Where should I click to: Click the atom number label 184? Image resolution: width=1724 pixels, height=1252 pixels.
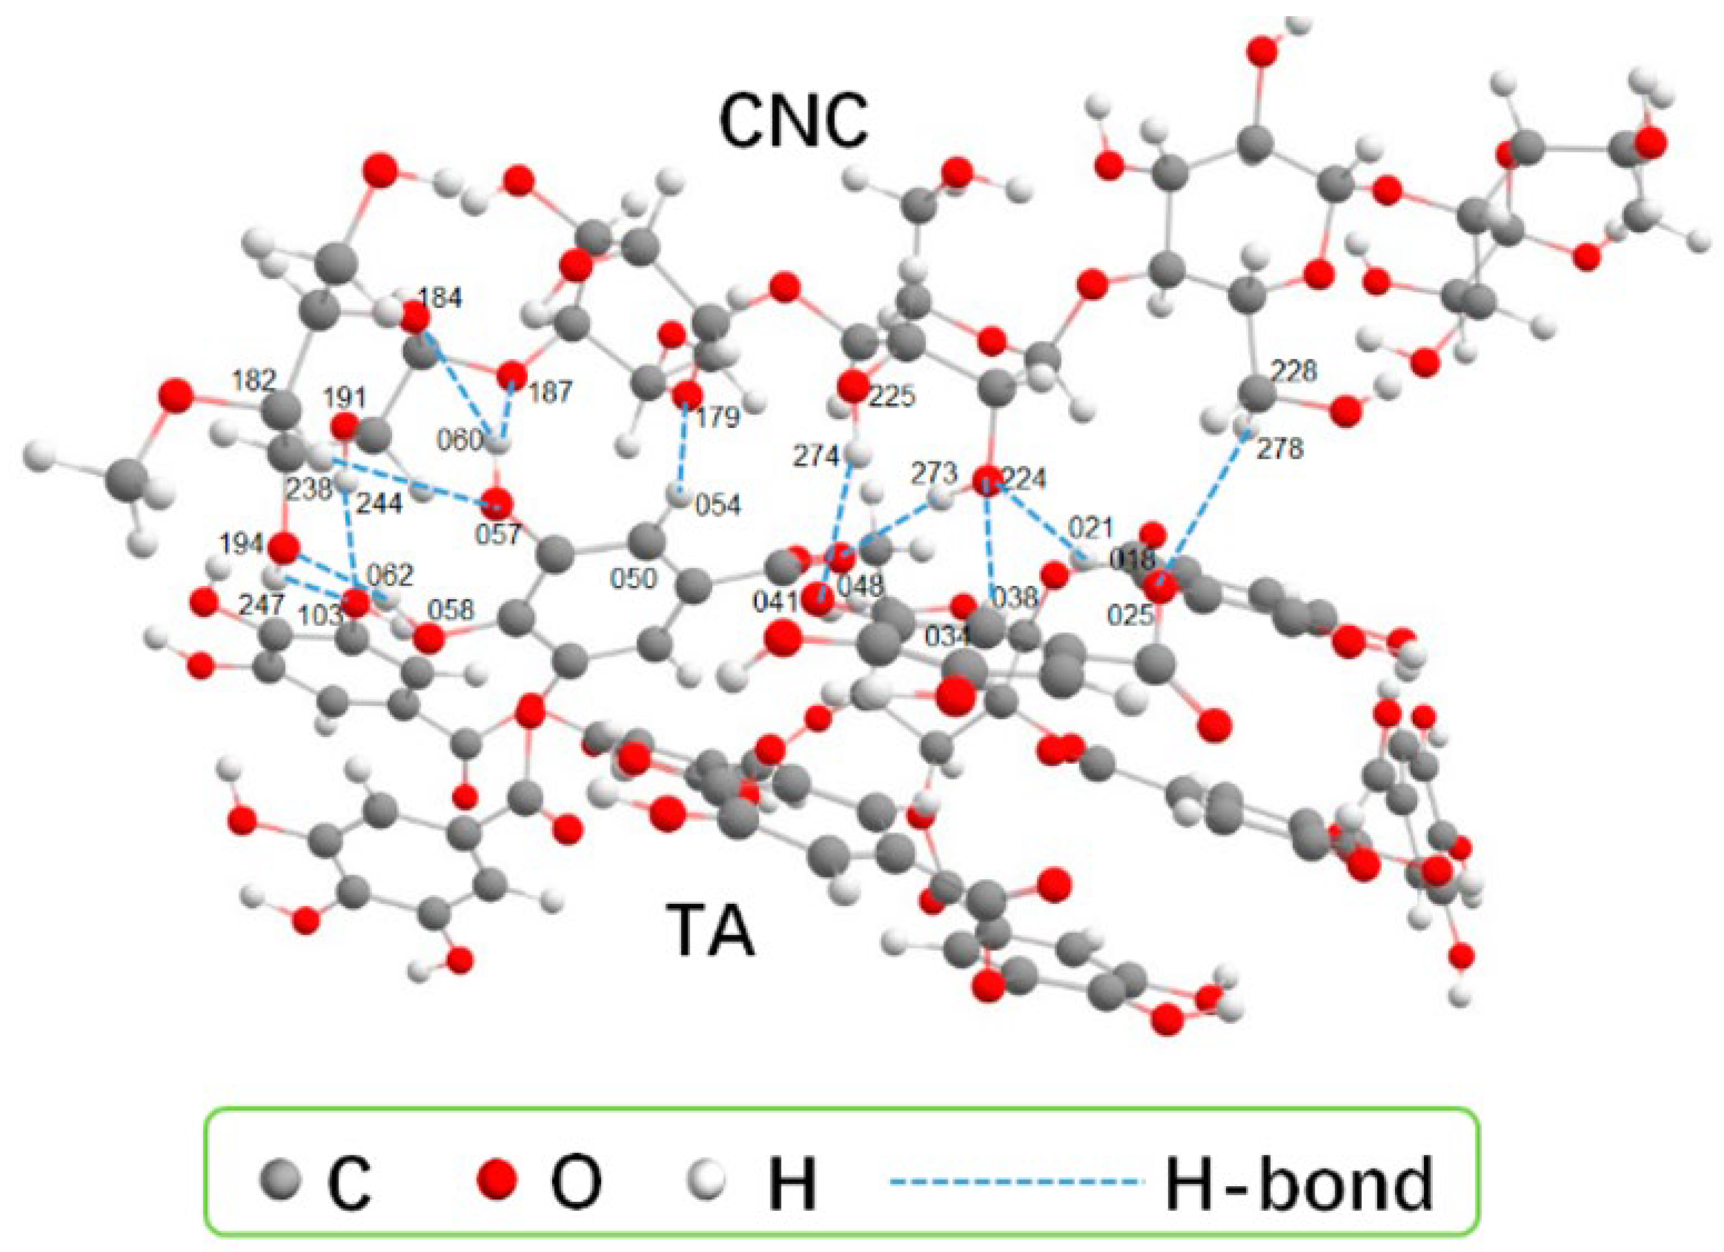click(442, 298)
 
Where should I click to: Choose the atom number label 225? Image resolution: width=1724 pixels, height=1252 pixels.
click(893, 396)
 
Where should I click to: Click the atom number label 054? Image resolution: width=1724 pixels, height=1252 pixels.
click(718, 505)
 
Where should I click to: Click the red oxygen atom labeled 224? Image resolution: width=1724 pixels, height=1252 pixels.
click(987, 480)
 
